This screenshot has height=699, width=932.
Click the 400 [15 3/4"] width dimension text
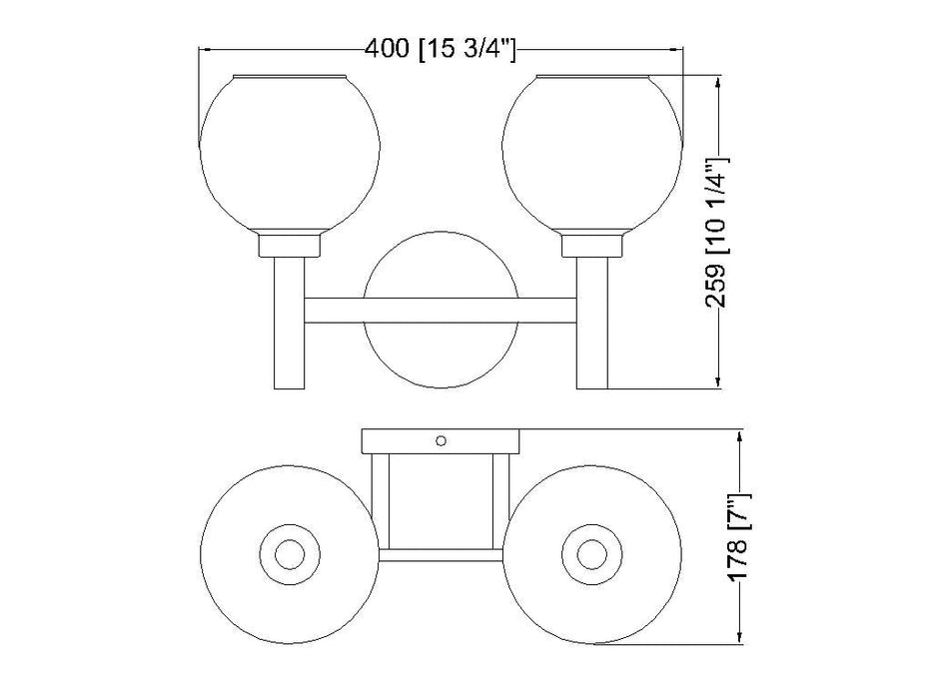[x=441, y=48]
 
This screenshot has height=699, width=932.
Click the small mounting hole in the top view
[x=442, y=439]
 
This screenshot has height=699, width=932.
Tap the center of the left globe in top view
[x=291, y=552]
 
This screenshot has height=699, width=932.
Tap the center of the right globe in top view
[x=591, y=552]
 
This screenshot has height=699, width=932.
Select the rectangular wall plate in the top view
[x=442, y=440]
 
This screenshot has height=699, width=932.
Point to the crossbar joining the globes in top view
[x=442, y=554]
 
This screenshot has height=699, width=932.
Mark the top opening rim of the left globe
[x=292, y=76]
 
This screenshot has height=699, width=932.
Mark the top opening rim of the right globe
[x=592, y=76]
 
